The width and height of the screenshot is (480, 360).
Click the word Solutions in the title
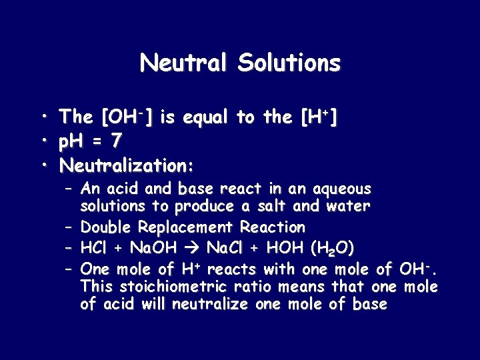[x=289, y=63]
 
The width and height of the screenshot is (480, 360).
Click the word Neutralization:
[x=127, y=164]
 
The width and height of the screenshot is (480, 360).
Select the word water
[x=348, y=207]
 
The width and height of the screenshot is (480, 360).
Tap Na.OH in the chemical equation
[x=154, y=248]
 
